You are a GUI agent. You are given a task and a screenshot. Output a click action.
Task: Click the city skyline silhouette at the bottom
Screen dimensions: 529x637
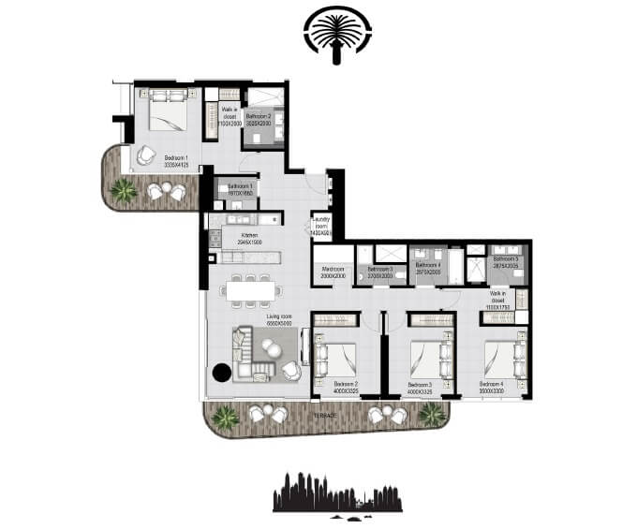[337, 493]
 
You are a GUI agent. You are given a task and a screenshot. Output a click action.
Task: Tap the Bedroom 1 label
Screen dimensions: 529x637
[176, 159]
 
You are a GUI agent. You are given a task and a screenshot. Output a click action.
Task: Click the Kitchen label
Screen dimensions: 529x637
[249, 238]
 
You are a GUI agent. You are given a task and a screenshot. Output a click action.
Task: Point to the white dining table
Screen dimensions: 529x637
[250, 290]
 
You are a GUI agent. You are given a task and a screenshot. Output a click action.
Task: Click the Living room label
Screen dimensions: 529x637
[253, 319]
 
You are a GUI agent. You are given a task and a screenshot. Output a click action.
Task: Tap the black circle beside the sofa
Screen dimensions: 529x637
[221, 372]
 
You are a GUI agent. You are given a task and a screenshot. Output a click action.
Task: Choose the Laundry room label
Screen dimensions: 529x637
[321, 225]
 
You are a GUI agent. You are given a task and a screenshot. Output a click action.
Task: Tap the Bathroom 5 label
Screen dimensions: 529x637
[506, 261]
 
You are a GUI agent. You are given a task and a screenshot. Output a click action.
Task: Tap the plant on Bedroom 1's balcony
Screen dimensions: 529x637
[122, 190]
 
